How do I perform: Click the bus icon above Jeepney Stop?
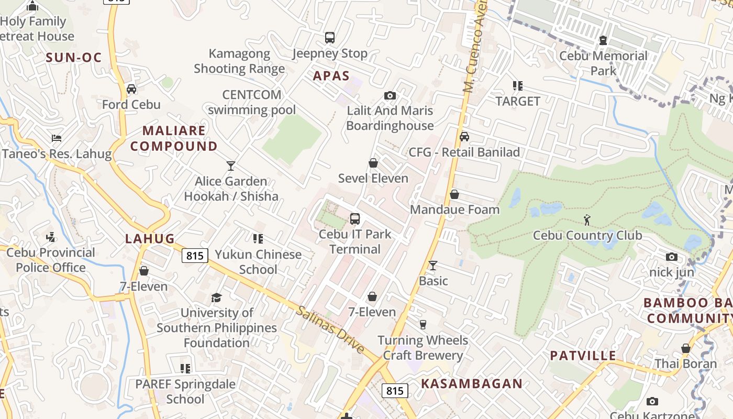[329, 38]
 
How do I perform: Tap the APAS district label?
[331, 76]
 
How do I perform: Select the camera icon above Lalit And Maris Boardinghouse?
[390, 95]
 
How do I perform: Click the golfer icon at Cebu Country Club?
[587, 220]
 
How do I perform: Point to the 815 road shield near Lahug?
[195, 256]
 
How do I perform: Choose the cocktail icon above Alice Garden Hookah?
[231, 166]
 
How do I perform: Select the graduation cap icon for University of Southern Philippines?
[216, 298]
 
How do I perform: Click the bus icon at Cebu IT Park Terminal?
[355, 219]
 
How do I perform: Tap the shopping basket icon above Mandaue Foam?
[454, 194]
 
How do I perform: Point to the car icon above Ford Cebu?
[131, 89]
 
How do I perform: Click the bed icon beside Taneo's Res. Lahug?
[57, 138]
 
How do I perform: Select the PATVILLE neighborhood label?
[583, 356]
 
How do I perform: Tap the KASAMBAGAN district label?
[472, 383]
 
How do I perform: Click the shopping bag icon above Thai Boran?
[685, 348]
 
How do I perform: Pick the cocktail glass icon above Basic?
[433, 266]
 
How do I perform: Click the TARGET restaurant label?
[518, 101]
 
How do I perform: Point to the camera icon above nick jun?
[672, 257]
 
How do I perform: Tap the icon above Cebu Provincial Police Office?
[51, 237]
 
